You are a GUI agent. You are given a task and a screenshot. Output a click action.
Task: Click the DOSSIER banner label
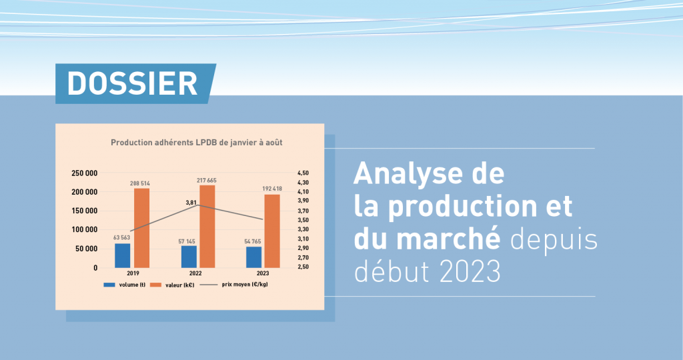[x=133, y=83]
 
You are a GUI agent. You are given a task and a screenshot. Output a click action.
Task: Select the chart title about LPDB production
[x=197, y=143]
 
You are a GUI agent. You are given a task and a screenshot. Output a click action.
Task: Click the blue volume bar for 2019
[x=123, y=255]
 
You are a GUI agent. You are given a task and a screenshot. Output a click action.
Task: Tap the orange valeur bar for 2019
[x=141, y=228]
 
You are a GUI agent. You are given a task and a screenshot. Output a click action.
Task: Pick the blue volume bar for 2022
[x=189, y=257]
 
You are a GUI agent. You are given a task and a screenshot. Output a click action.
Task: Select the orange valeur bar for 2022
[x=207, y=227]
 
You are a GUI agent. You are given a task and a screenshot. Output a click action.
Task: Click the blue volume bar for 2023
[x=254, y=257]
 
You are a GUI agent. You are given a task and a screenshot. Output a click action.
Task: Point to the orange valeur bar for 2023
[x=272, y=231]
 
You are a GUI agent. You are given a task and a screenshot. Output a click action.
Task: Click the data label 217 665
[x=207, y=180]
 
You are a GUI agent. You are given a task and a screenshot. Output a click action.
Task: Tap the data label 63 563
[x=121, y=238]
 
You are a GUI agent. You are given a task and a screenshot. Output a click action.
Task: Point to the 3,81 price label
[x=191, y=203]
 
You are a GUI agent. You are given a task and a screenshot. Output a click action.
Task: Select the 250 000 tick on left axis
[x=85, y=173]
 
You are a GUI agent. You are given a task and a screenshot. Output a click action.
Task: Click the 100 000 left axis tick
[x=85, y=230]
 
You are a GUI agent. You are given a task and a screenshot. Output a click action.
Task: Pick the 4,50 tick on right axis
[x=303, y=173]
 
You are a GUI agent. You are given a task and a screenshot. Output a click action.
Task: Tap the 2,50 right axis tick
[x=303, y=267]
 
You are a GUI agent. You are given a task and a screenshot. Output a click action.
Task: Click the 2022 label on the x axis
[x=195, y=273]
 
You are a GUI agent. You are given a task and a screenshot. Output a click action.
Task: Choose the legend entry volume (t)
[x=125, y=285]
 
